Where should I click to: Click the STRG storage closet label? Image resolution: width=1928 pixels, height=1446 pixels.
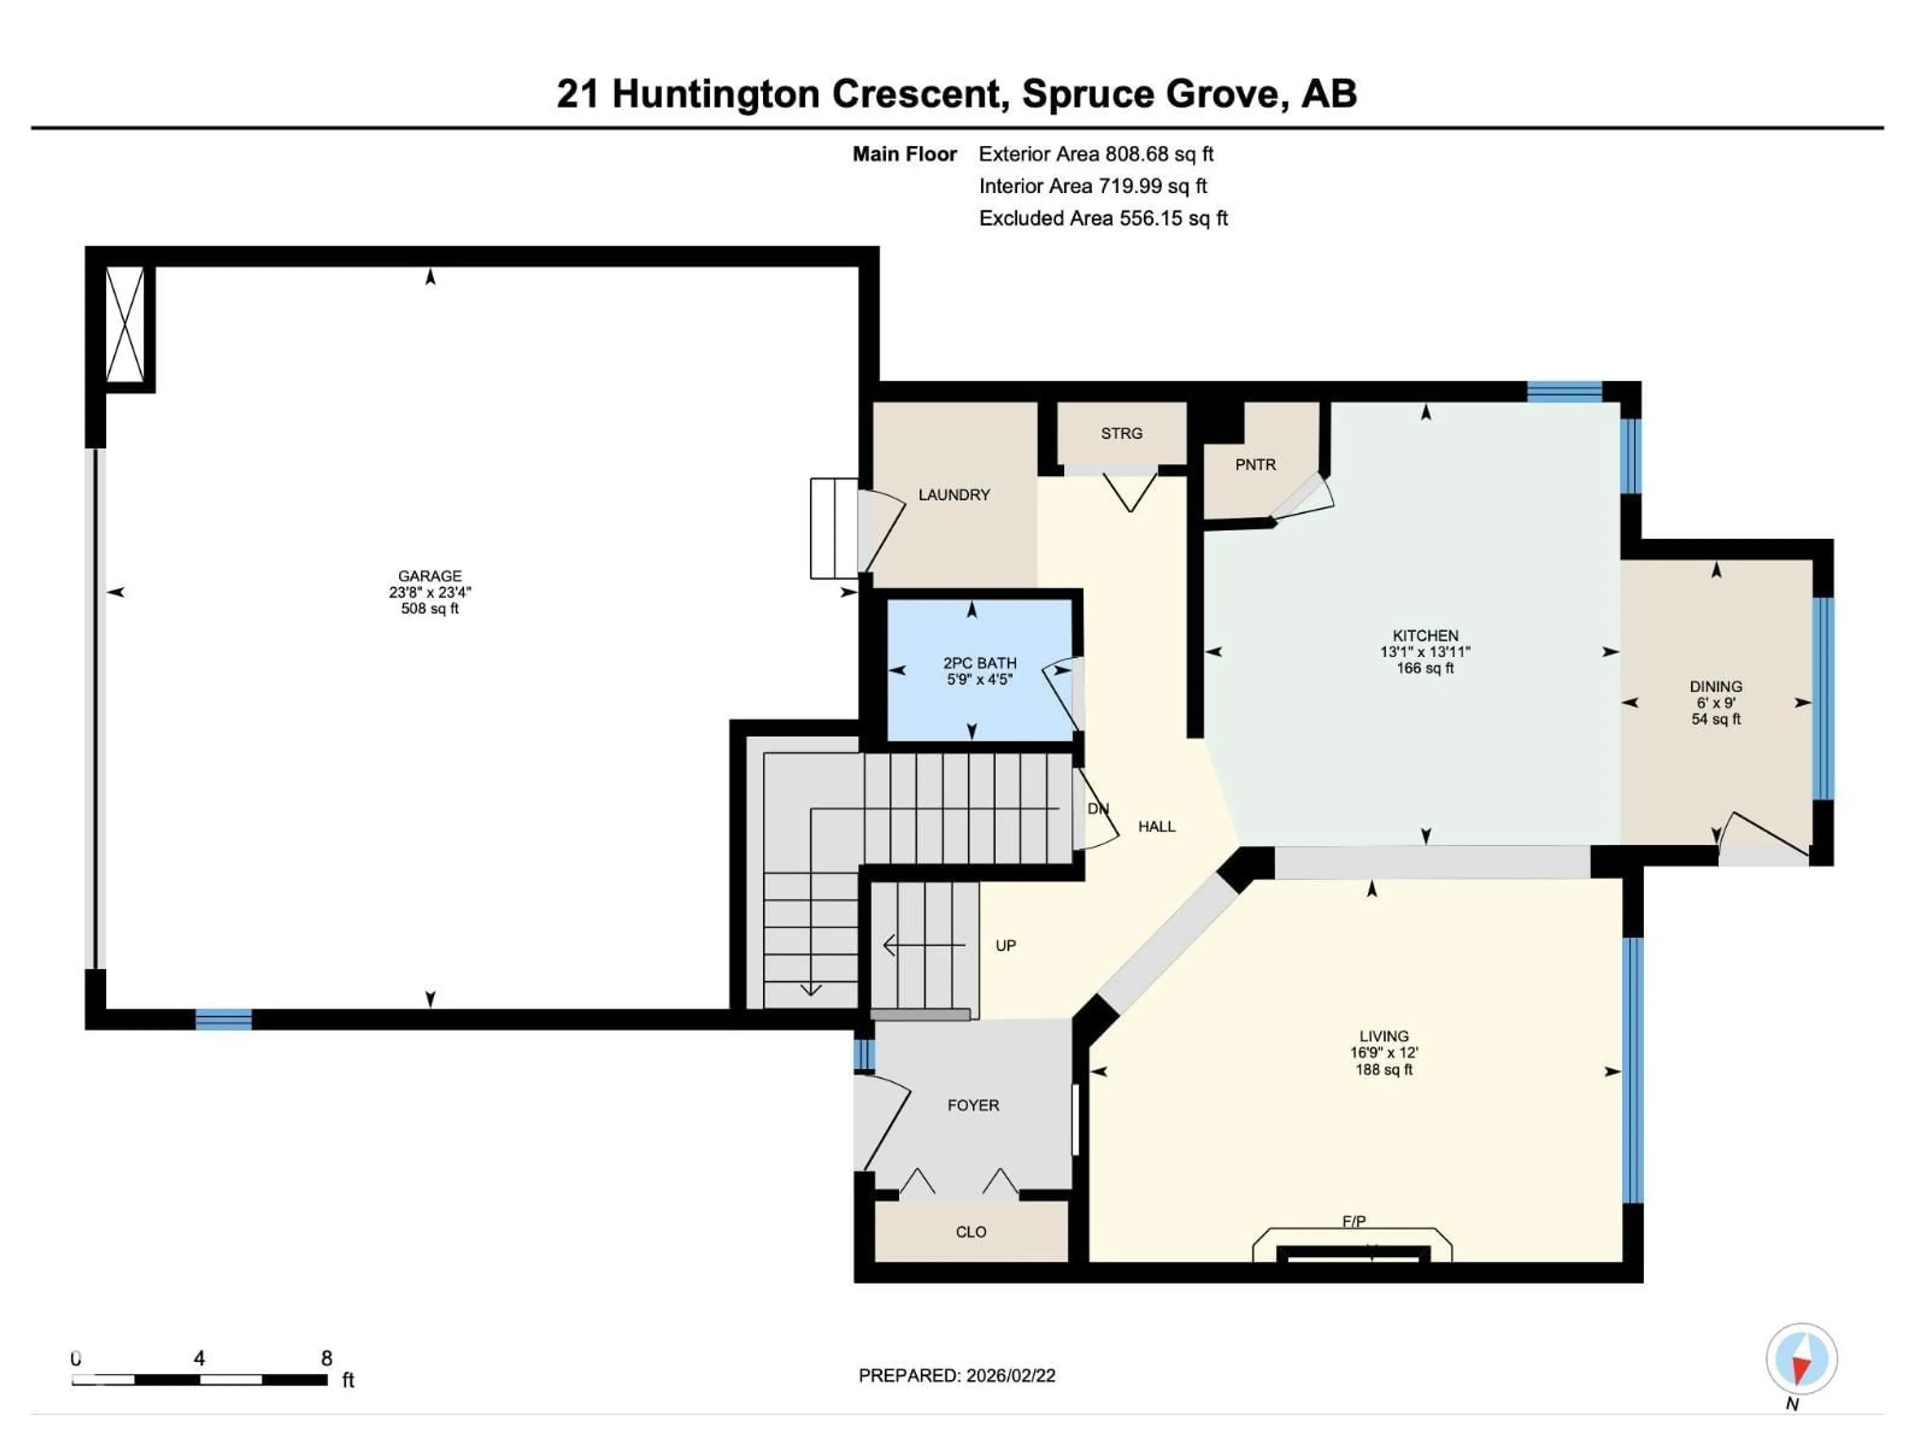tap(1121, 433)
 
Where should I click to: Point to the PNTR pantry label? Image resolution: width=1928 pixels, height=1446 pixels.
tap(1255, 464)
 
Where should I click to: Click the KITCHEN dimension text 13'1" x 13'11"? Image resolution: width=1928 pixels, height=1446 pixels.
tap(1425, 652)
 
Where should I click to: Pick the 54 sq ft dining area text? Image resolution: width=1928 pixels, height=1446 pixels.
tap(1715, 719)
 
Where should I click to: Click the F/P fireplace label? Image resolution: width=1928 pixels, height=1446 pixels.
tap(1353, 1222)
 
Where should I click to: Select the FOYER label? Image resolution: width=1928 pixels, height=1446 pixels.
tap(973, 1105)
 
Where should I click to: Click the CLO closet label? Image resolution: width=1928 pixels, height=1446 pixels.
tap(970, 1232)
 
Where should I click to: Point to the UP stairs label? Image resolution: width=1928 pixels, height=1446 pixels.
tap(1005, 946)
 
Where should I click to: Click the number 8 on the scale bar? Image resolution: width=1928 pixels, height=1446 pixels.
tap(326, 1358)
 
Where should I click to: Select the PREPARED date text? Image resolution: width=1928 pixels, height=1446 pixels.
tap(956, 1375)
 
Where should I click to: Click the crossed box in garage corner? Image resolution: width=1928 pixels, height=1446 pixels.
tap(125, 323)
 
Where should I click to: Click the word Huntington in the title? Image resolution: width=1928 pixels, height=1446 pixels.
tap(715, 94)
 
